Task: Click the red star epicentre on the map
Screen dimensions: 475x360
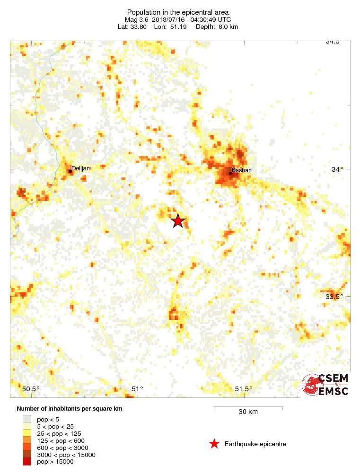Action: pyautogui.click(x=177, y=220)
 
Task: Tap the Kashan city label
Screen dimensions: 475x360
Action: pyautogui.click(x=242, y=170)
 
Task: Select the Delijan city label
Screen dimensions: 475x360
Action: pyautogui.click(x=80, y=168)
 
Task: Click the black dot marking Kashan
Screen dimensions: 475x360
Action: pyautogui.click(x=230, y=173)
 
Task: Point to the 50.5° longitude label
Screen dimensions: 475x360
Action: pyautogui.click(x=31, y=389)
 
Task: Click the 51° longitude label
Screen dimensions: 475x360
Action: pyautogui.click(x=137, y=389)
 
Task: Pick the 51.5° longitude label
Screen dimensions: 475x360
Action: pyautogui.click(x=244, y=389)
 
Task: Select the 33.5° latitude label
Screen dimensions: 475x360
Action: pyautogui.click(x=334, y=297)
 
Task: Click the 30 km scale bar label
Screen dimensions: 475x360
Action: pyautogui.click(x=248, y=412)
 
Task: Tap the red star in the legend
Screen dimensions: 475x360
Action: pyautogui.click(x=214, y=444)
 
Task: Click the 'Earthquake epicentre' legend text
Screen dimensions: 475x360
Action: pyautogui.click(x=255, y=444)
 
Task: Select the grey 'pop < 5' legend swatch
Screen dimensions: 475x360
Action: pyautogui.click(x=27, y=419)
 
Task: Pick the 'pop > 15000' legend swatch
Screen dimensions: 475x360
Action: pyautogui.click(x=27, y=461)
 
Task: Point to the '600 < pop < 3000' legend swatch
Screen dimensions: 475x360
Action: pyautogui.click(x=27, y=448)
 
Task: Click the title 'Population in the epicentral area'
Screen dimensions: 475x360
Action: pyautogui.click(x=178, y=12)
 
